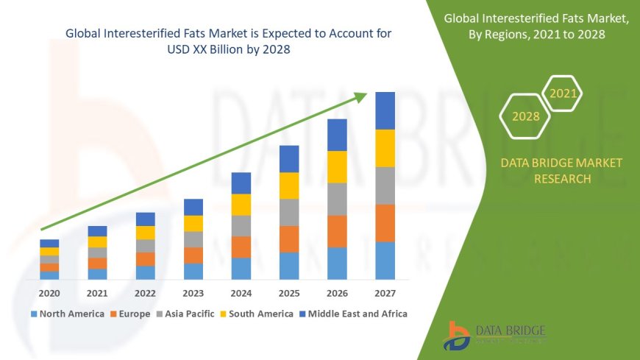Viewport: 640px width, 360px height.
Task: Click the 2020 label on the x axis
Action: tap(49, 292)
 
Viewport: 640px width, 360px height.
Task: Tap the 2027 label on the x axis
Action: tap(385, 292)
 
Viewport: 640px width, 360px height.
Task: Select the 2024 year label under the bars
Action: tap(241, 292)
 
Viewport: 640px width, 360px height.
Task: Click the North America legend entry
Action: tap(67, 314)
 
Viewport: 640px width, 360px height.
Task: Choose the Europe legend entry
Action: tap(132, 314)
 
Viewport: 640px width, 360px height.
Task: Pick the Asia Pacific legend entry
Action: tap(185, 314)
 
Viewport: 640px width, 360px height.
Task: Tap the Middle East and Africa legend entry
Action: tap(353, 314)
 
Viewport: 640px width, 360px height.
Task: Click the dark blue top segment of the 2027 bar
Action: tap(385, 110)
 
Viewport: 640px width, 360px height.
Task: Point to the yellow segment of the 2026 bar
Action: tap(337, 166)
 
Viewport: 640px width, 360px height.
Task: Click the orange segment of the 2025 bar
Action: tap(289, 239)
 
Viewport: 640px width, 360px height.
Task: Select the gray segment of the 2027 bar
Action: tap(385, 186)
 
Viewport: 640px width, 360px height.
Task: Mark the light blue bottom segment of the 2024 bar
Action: tap(241, 268)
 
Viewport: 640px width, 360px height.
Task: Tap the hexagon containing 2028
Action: tap(526, 116)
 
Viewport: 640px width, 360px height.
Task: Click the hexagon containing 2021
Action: tap(563, 94)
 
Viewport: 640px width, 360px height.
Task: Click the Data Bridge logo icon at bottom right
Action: tap(458, 336)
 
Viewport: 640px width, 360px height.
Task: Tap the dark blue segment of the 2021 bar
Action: tap(97, 231)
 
